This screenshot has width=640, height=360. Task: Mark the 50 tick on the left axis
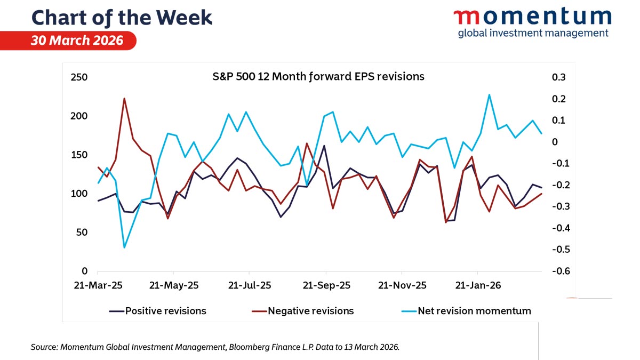point(81,233)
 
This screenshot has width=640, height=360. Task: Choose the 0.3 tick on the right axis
point(559,77)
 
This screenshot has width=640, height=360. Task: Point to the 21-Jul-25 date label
point(250,285)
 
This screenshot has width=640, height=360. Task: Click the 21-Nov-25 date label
point(402,285)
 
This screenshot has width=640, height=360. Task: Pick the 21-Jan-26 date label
point(477,285)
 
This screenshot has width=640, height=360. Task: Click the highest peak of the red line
point(124,99)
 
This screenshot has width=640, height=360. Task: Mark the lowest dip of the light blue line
point(124,247)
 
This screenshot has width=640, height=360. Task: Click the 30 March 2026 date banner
point(77,41)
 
